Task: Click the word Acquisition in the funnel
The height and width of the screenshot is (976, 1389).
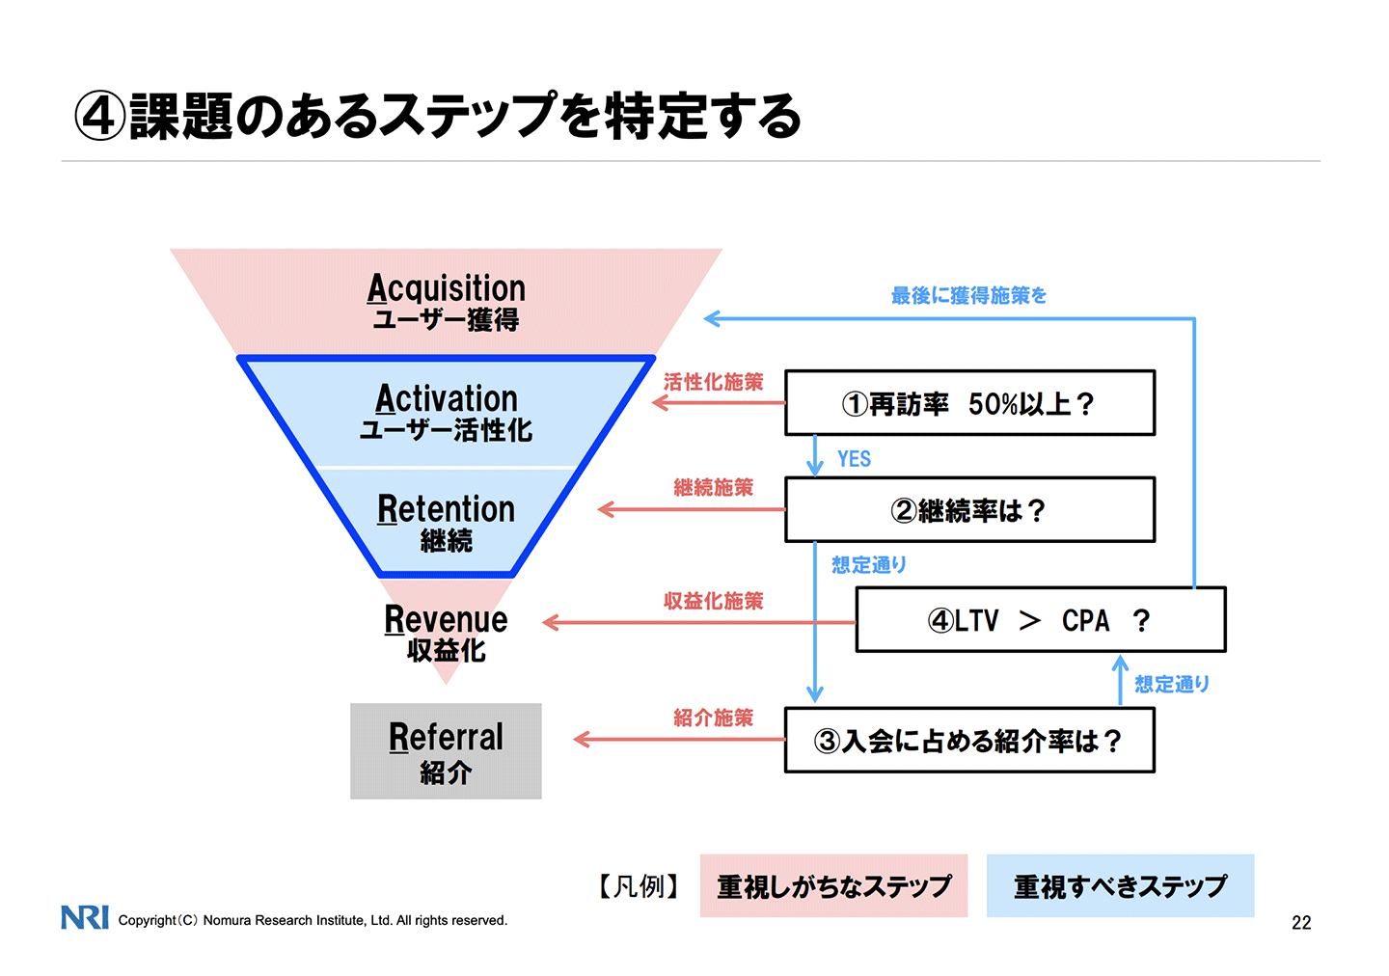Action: click(447, 288)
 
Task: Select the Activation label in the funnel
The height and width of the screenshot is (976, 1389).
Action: click(447, 398)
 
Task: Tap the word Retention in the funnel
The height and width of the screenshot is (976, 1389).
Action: click(446, 509)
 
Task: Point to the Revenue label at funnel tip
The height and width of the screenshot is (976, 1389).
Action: click(446, 619)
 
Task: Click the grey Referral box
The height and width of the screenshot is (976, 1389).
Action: click(446, 751)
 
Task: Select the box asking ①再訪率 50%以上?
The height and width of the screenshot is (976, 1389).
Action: click(969, 403)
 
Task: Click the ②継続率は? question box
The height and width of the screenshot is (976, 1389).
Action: click(969, 510)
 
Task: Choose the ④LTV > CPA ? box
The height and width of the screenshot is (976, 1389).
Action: click(1040, 620)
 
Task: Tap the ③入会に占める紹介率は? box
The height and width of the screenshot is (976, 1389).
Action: click(969, 741)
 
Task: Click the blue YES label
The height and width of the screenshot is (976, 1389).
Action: click(854, 459)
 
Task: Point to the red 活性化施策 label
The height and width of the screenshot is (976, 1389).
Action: click(713, 382)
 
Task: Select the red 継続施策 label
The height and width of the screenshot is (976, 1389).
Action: click(713, 488)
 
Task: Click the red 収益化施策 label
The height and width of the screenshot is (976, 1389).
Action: click(713, 601)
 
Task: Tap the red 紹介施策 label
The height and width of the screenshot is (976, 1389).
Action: click(713, 718)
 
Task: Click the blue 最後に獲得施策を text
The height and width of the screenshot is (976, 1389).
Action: click(968, 296)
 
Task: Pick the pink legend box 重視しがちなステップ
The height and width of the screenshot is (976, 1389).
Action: click(833, 885)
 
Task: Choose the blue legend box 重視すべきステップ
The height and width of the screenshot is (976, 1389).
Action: click(1120, 885)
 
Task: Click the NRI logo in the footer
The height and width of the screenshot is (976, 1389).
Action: click(85, 917)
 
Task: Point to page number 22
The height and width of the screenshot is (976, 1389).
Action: click(1301, 923)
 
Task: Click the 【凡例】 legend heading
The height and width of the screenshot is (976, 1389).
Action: click(639, 885)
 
